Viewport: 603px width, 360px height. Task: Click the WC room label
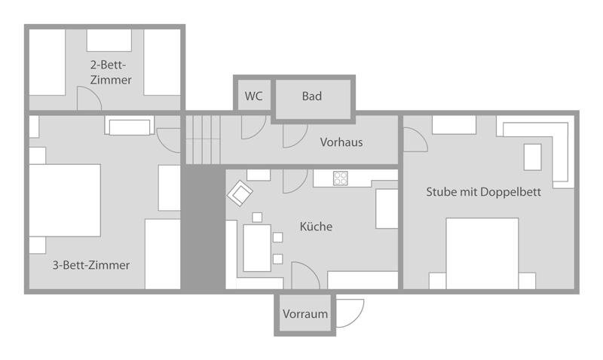[253, 96]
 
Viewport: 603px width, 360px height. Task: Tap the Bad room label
[312, 96]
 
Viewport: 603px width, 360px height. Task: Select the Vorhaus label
[341, 142]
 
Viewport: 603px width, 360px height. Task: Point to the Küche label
[316, 226]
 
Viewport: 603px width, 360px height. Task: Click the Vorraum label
[305, 314]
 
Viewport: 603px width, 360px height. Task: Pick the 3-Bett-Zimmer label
[91, 265]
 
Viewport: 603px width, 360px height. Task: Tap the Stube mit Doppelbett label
[483, 192]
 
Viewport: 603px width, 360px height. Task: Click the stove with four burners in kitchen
[341, 178]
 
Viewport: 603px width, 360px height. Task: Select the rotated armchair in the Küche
[240, 194]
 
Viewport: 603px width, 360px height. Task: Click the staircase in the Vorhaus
[203, 140]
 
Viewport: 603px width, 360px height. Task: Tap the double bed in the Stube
[482, 254]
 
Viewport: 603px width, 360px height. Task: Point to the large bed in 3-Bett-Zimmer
[65, 200]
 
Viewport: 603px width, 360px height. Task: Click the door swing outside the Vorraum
[350, 313]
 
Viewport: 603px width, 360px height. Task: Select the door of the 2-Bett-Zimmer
[89, 99]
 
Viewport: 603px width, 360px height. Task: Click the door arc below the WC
[253, 127]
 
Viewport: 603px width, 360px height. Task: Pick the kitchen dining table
[257, 248]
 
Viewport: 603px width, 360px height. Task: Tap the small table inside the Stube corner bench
[533, 157]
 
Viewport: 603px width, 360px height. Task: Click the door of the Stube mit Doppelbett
[415, 140]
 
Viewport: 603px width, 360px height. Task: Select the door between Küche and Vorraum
[305, 276]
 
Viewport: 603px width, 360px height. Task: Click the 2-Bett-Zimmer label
[111, 72]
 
